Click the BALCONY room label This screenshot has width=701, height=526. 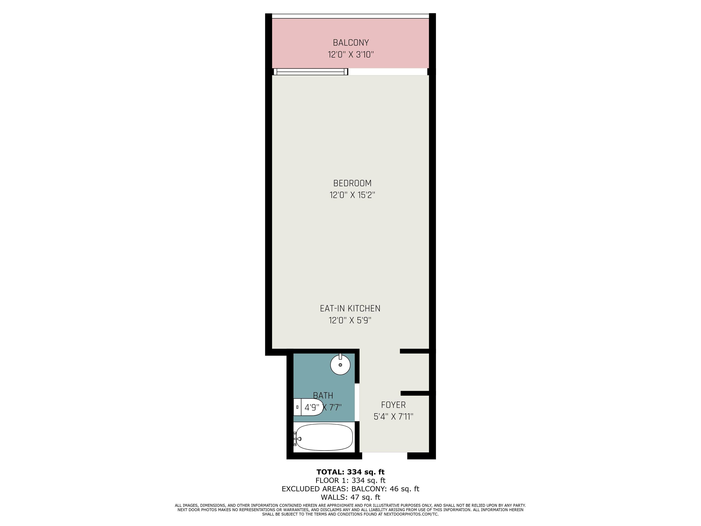click(x=350, y=42)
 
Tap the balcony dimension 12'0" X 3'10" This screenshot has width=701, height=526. click(x=351, y=55)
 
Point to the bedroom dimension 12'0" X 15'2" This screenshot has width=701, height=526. click(x=352, y=195)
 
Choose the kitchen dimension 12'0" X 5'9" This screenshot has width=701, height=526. click(x=350, y=320)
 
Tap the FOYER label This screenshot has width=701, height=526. click(x=393, y=405)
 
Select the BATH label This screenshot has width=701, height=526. click(x=323, y=395)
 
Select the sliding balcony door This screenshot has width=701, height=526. click(x=311, y=72)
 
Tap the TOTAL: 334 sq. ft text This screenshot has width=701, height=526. click(x=350, y=472)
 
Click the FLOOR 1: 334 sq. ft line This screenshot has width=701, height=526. click(x=350, y=480)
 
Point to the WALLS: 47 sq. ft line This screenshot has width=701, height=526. click(x=350, y=497)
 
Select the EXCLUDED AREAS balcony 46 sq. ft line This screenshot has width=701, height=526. click(x=350, y=489)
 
